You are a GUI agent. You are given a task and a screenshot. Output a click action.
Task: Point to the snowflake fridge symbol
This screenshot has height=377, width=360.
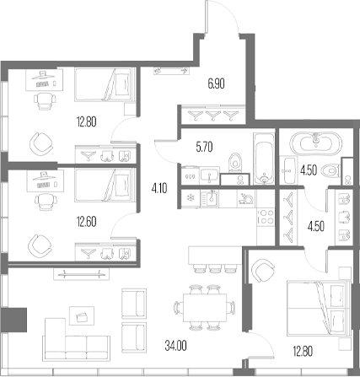coord(189,198)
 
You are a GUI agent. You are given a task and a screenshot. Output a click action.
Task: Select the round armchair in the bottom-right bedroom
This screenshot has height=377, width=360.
coord(263,270)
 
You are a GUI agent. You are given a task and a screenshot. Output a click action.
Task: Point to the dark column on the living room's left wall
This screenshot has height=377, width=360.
coord(14,321)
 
